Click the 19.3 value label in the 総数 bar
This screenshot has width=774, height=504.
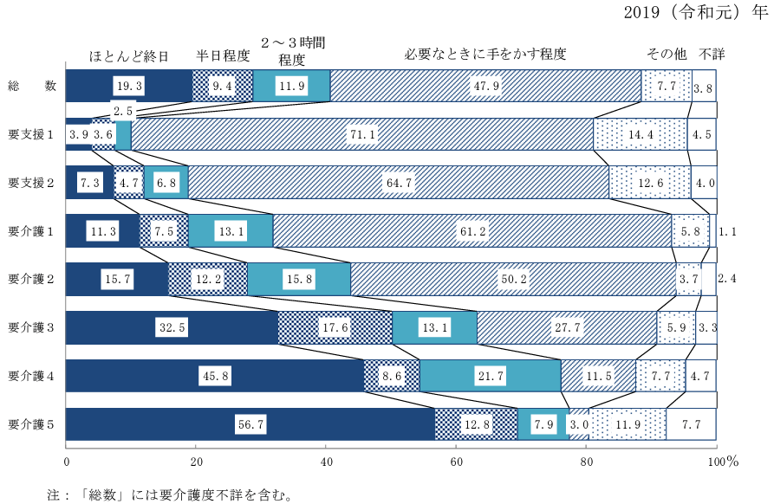(x=128, y=86)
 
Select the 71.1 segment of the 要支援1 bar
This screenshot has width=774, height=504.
(x=361, y=134)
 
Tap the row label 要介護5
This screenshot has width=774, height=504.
(x=31, y=424)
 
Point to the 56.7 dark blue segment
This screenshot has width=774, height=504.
(x=250, y=424)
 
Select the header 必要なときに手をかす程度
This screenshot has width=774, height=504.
(x=485, y=54)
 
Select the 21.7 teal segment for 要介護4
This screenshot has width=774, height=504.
(x=490, y=376)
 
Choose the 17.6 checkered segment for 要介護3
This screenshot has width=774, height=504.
(x=335, y=327)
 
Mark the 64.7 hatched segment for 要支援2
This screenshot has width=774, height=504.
(x=398, y=183)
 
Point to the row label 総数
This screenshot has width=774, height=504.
(x=31, y=86)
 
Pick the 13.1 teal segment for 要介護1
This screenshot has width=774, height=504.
(x=230, y=230)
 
